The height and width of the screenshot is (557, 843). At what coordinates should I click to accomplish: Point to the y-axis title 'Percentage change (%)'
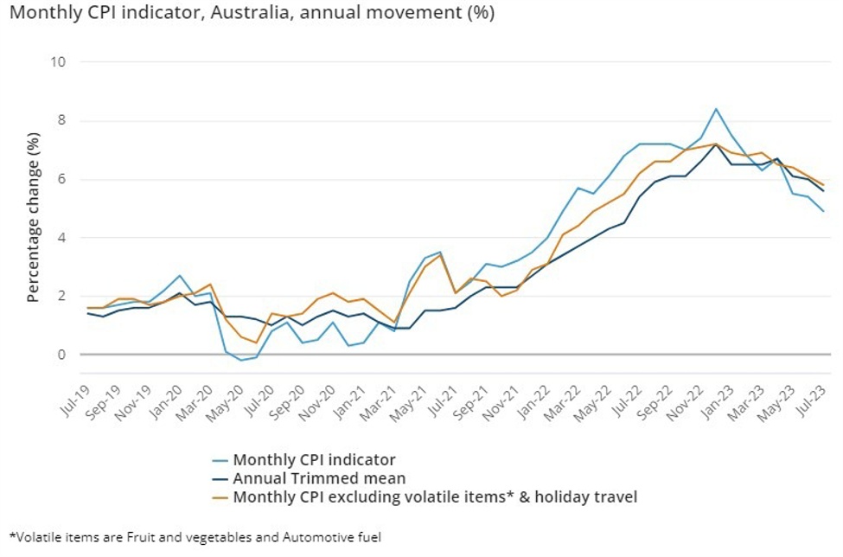pyautogui.click(x=33, y=209)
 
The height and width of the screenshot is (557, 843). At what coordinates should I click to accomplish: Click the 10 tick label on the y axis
pyautogui.click(x=61, y=61)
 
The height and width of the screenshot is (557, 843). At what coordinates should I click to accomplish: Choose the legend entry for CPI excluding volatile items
pyautogui.click(x=434, y=496)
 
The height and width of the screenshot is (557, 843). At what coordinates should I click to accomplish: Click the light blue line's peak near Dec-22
pyautogui.click(x=716, y=109)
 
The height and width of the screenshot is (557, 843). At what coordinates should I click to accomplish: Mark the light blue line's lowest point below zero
pyautogui.click(x=241, y=360)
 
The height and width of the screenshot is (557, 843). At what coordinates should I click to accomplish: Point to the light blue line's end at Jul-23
pyautogui.click(x=822, y=211)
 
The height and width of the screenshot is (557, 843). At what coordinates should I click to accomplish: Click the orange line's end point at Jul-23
pyautogui.click(x=822, y=184)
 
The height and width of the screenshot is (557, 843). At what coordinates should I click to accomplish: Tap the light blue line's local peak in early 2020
pyautogui.click(x=179, y=276)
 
